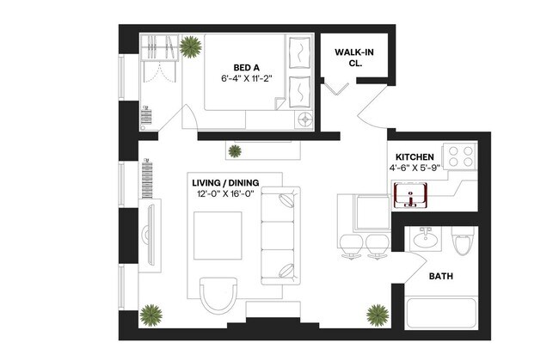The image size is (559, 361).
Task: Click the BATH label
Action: click(441, 277)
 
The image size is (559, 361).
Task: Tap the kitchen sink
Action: click(412, 197)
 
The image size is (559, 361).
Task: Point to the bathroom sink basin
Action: click(424, 239)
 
